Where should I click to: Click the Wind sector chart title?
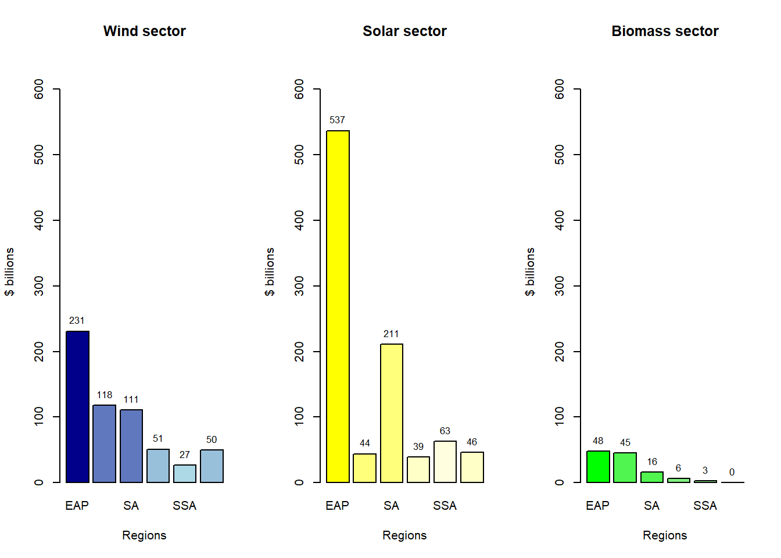click(x=144, y=31)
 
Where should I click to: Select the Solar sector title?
click(x=404, y=31)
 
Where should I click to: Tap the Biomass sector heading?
click(x=665, y=31)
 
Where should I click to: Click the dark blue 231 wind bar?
click(x=77, y=407)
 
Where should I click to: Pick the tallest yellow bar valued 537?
click(x=338, y=307)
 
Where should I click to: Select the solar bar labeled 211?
click(x=392, y=413)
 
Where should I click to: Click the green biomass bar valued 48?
click(x=598, y=467)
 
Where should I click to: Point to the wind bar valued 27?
click(x=185, y=474)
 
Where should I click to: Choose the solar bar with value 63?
click(x=445, y=462)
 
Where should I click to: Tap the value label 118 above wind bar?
click(x=105, y=395)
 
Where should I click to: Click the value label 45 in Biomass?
click(x=625, y=443)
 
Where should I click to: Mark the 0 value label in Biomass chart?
click(x=732, y=473)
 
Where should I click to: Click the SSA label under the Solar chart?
click(x=445, y=506)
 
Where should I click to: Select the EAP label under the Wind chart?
click(x=77, y=506)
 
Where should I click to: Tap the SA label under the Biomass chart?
click(x=651, y=506)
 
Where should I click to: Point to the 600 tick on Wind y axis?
click(x=39, y=89)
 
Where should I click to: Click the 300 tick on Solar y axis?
click(x=299, y=286)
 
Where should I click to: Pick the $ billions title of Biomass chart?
click(x=530, y=271)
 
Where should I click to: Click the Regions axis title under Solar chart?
click(x=404, y=535)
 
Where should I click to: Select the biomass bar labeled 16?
click(x=652, y=477)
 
